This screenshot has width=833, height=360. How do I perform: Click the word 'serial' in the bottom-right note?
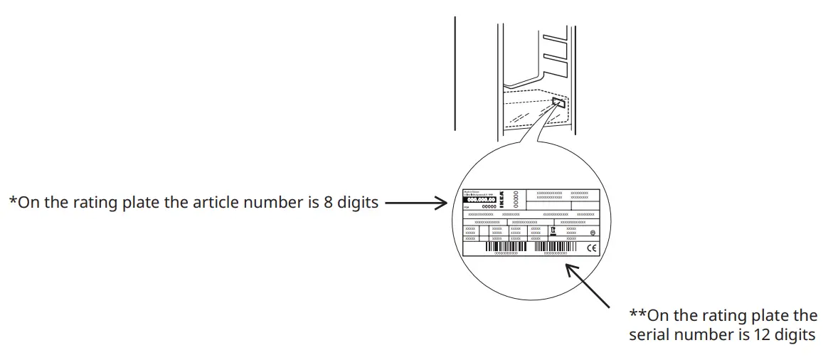[649, 334]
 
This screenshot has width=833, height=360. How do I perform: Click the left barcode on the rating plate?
[506, 246]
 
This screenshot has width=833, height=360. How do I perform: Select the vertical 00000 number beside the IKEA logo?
[516, 199]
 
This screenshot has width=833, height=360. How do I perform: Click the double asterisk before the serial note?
[637, 315]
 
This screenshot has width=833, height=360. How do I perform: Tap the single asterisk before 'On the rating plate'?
[12, 201]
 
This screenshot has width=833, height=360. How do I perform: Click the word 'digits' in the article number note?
[359, 203]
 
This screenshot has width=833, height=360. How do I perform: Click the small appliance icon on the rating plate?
[553, 231]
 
